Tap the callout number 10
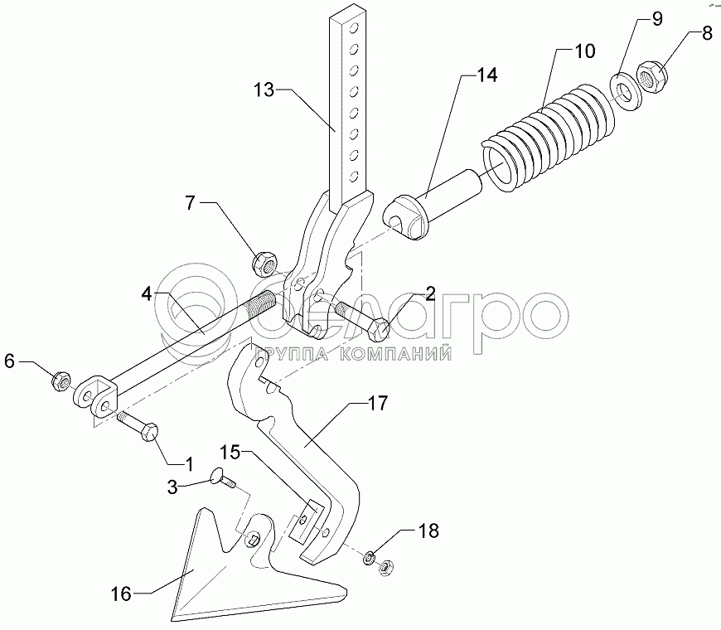tap(584, 51)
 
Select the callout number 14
tap(486, 75)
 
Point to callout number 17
tap(378, 404)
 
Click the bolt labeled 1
tap(138, 425)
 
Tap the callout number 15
tap(230, 452)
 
